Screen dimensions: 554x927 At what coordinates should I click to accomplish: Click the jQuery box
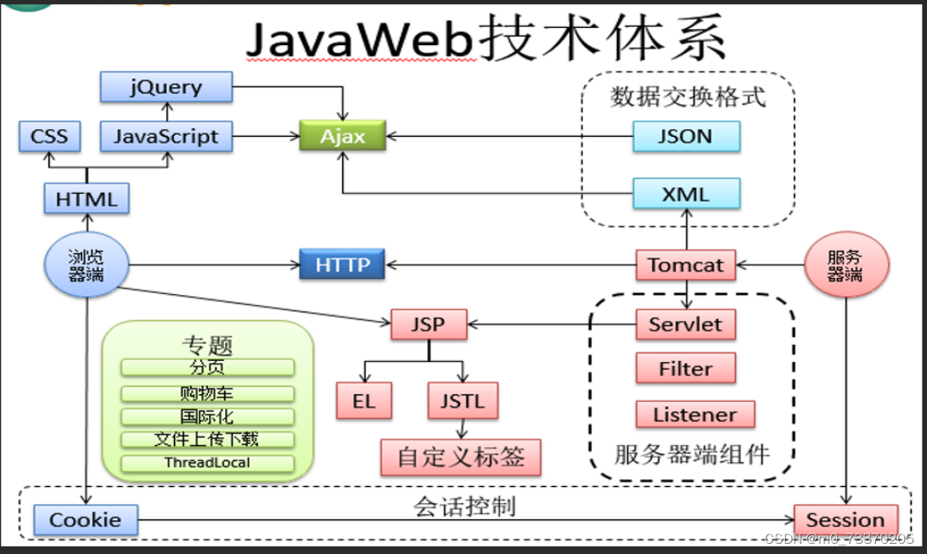166,87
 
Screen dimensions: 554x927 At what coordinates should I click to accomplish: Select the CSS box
49,136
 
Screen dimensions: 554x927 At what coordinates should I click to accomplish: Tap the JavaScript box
166,136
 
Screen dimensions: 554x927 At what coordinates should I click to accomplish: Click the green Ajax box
342,136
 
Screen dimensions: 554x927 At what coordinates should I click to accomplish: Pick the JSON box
686,136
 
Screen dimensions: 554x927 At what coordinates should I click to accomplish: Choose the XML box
686,195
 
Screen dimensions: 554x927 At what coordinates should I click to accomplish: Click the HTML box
87,199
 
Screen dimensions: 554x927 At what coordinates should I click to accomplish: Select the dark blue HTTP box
342,264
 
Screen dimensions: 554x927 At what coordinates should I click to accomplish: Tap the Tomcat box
686,264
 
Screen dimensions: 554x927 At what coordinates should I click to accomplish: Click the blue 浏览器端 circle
86,264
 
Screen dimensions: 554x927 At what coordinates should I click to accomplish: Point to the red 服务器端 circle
846,264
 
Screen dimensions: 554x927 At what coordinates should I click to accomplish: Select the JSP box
429,324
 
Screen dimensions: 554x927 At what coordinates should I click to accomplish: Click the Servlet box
686,324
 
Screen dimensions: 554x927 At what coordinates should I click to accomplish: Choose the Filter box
686,369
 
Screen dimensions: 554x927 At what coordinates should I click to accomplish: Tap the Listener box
694,415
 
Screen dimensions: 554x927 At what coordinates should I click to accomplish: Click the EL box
364,401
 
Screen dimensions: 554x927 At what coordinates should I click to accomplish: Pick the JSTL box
463,401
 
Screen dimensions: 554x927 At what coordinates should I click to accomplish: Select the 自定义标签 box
460,457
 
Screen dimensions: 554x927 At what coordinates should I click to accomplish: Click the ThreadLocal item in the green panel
208,463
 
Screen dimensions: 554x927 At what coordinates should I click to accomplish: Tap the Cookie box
85,520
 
